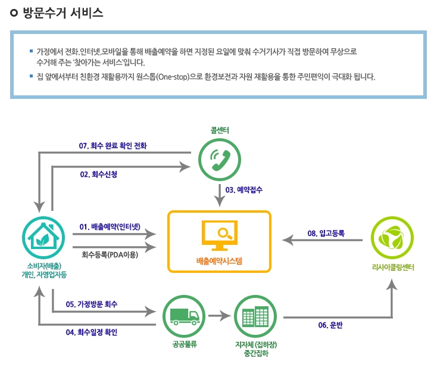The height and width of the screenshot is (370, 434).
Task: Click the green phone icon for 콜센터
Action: pyautogui.click(x=219, y=158)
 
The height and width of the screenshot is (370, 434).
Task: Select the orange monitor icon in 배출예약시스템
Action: pyautogui.click(x=219, y=235)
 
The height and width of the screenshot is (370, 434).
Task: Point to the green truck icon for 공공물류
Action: pyautogui.click(x=183, y=315)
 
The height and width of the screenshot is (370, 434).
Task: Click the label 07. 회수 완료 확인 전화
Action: pyautogui.click(x=113, y=145)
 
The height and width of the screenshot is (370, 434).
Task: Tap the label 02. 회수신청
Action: pyautogui.click(x=98, y=175)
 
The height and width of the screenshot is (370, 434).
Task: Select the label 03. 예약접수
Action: pyautogui.click(x=243, y=190)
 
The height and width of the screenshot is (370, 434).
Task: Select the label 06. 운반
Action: pyautogui.click(x=332, y=325)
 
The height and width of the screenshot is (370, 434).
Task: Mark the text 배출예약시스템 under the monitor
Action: pyautogui.click(x=219, y=261)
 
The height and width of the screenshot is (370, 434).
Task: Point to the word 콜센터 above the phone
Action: pyautogui.click(x=220, y=130)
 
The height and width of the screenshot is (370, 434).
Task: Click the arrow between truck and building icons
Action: pyautogui.click(x=220, y=316)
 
